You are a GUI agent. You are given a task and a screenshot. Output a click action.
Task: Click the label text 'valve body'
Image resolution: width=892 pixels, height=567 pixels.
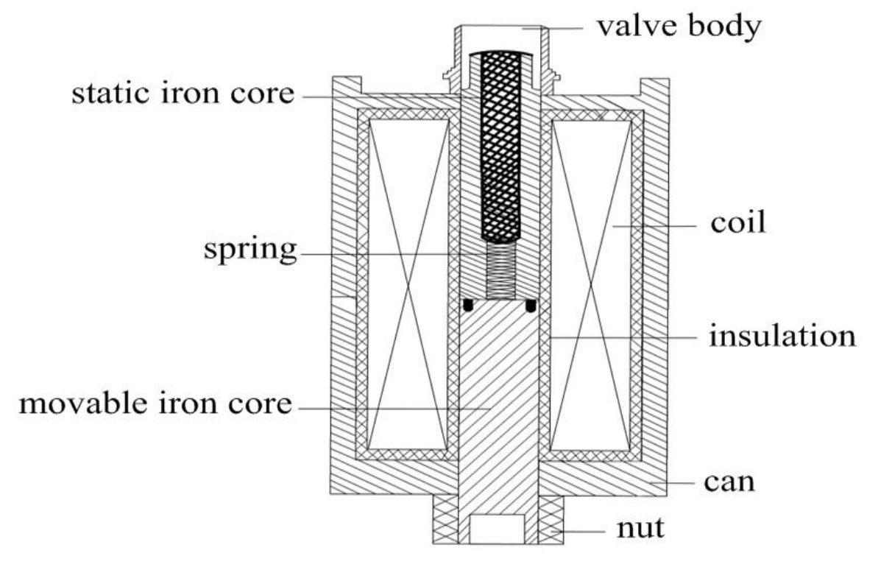(x=679, y=28)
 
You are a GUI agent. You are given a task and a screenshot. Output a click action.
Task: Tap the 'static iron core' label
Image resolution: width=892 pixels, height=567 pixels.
(x=183, y=94)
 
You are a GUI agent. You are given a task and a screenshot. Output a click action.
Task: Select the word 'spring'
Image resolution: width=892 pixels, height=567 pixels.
(x=250, y=251)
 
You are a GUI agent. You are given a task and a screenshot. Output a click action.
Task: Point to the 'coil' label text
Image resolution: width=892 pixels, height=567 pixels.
(x=738, y=222)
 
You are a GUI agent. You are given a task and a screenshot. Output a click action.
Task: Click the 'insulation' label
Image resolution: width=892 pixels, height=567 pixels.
(x=782, y=336)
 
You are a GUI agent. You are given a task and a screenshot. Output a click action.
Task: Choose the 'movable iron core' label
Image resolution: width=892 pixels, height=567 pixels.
(x=156, y=404)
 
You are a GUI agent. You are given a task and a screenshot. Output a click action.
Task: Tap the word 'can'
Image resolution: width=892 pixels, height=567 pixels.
(x=729, y=482)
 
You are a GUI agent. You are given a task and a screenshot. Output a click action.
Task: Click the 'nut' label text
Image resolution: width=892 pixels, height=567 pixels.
(x=641, y=529)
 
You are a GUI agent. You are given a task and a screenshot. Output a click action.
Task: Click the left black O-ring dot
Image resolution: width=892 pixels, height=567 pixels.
(x=468, y=305)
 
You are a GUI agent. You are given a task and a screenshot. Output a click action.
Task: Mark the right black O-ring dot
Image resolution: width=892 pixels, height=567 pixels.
(x=531, y=306)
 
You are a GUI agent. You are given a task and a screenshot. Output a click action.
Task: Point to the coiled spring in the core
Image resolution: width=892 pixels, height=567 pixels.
(x=501, y=270)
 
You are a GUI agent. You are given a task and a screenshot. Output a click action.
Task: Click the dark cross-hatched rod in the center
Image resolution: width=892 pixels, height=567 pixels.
(x=501, y=147)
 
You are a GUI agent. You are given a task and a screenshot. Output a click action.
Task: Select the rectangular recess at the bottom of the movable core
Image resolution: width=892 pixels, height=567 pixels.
(x=497, y=529)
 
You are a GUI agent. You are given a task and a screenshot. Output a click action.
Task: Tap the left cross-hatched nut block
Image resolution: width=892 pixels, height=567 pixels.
(x=445, y=520)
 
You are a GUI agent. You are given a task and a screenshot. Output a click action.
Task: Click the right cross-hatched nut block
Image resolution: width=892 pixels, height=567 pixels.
(x=551, y=520)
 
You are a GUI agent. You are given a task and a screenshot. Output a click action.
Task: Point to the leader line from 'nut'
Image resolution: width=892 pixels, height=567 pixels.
(x=578, y=532)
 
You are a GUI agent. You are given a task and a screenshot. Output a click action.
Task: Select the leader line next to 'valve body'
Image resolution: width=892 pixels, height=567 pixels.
(x=553, y=28)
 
